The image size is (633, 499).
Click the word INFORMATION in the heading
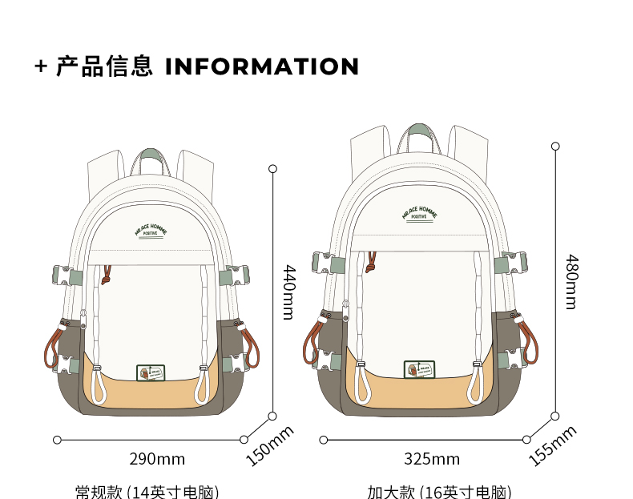262,66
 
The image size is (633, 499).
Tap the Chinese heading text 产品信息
104,66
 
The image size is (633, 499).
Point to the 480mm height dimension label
571,281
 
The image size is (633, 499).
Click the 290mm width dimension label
157,459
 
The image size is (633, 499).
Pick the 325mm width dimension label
432,459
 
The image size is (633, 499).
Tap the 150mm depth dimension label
269,445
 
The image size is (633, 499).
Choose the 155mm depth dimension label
553,445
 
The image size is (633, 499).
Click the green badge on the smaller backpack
150,372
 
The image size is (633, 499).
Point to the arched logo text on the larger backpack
419,213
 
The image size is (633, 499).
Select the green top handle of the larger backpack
420,132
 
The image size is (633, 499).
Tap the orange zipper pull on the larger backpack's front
371,262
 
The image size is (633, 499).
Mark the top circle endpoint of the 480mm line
554,146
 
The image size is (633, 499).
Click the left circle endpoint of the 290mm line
57,440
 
